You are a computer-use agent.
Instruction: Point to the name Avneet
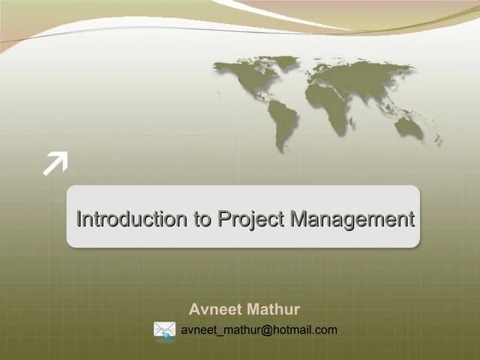click(213, 310)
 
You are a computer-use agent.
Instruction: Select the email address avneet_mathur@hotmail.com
click(259, 330)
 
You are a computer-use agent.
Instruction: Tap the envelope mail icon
click(164, 330)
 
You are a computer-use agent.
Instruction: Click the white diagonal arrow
click(55, 163)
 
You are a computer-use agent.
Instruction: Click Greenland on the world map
click(284, 62)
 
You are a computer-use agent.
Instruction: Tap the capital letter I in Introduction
click(79, 220)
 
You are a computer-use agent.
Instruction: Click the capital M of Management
click(298, 220)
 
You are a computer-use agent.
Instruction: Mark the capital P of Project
click(223, 220)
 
